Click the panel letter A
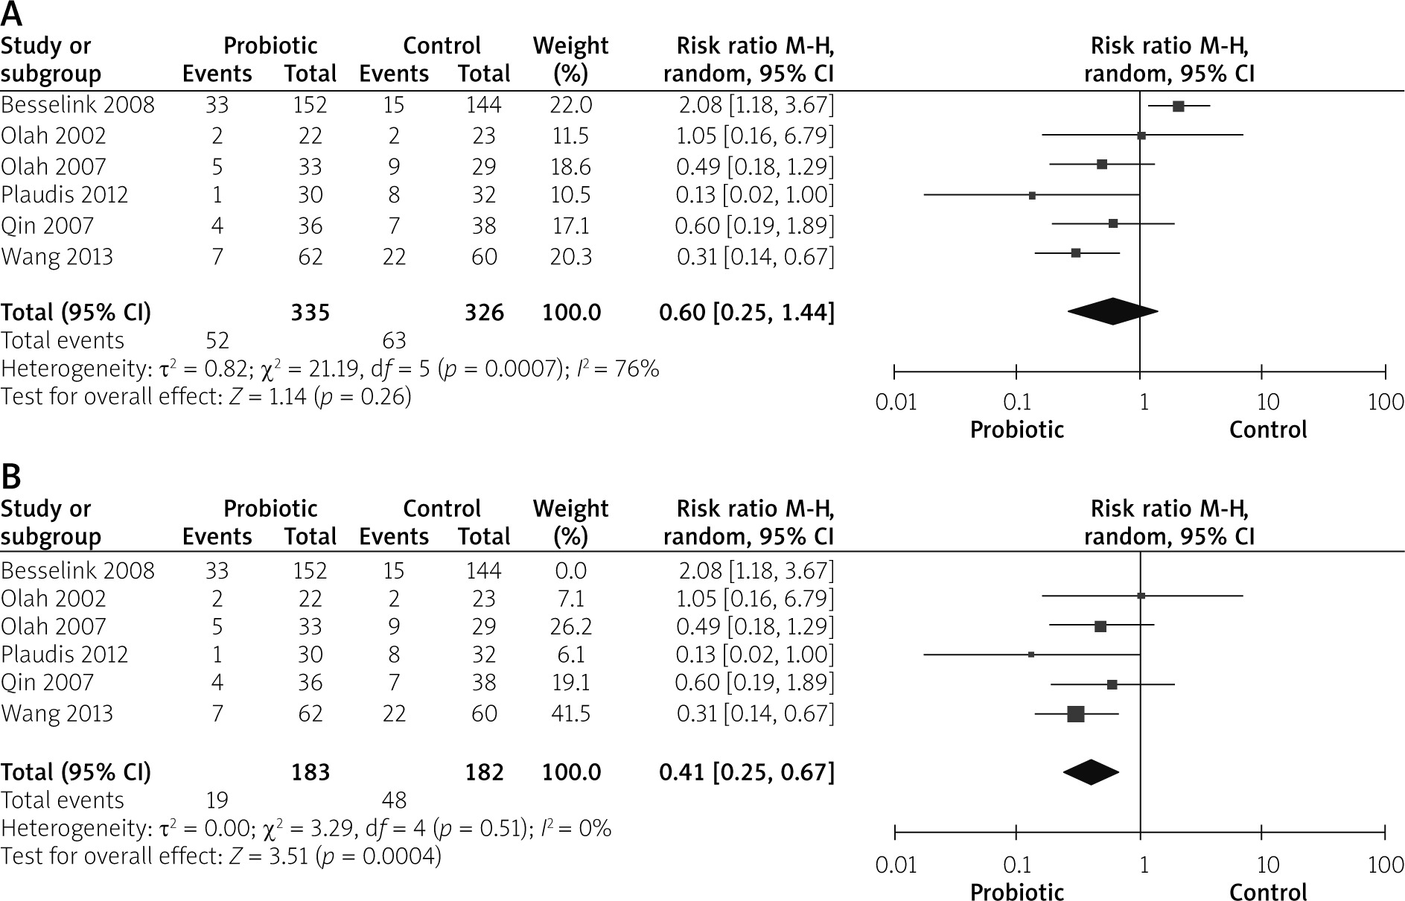tap(12, 14)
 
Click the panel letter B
tap(12, 477)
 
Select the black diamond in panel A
tap(1112, 311)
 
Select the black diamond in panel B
tap(1091, 772)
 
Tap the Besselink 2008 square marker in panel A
tap(1178, 106)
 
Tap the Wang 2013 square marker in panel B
tap(1075, 714)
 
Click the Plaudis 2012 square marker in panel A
tap(1032, 195)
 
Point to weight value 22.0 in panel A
tap(570, 105)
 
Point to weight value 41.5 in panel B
tap(570, 713)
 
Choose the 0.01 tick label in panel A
tap(896, 403)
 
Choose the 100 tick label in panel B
tap(1386, 865)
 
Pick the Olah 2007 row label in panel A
tap(54, 166)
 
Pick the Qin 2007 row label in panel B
tap(48, 683)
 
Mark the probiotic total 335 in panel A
tap(310, 313)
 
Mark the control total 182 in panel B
tap(485, 773)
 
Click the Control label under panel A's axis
tap(1268, 430)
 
